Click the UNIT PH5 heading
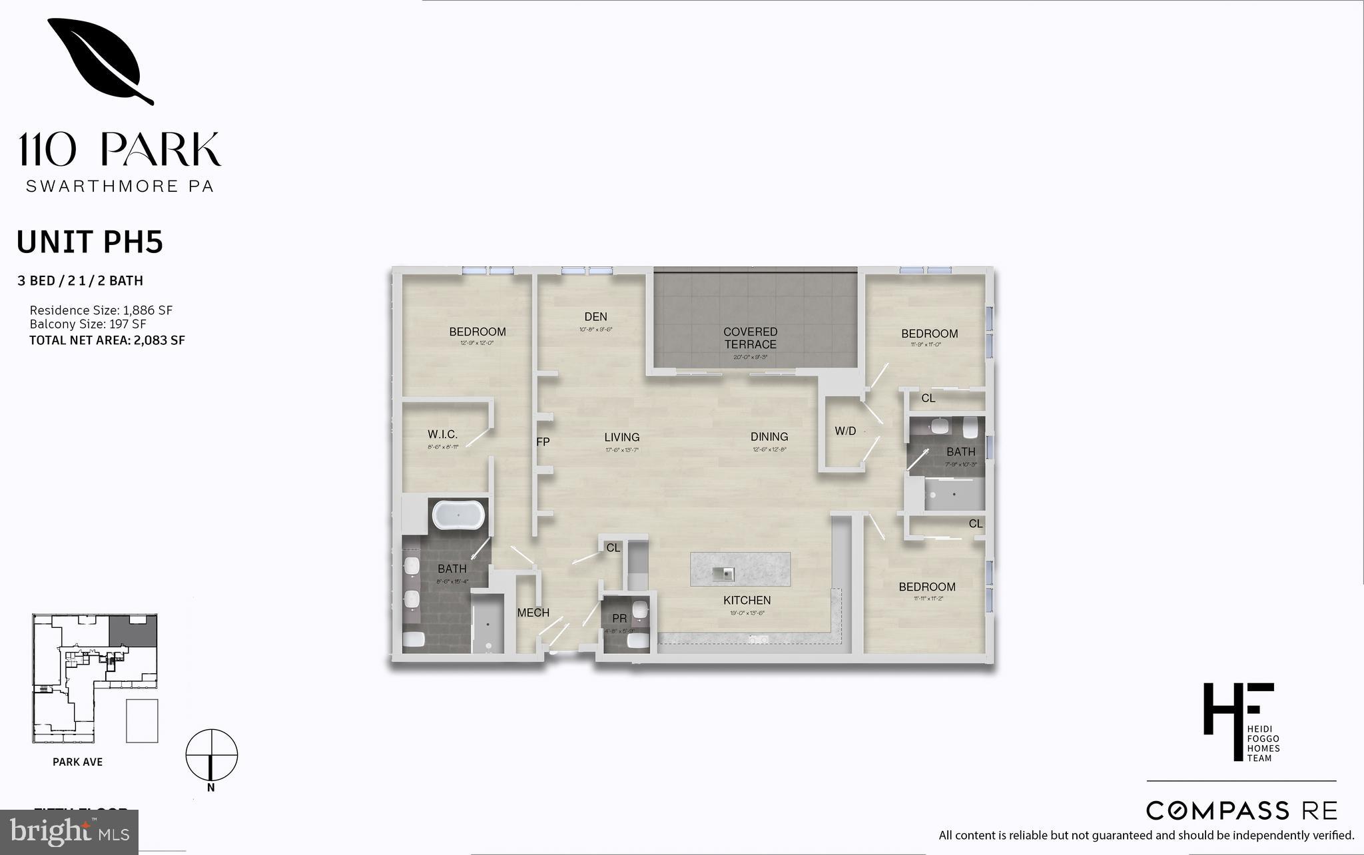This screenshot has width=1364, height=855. [90, 242]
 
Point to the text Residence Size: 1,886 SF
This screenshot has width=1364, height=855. [101, 310]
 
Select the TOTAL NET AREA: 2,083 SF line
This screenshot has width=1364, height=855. [107, 340]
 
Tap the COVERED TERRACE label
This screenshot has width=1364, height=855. [751, 338]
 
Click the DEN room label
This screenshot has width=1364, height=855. [595, 317]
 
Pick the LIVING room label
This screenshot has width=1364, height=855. [621, 437]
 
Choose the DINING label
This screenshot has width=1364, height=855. [769, 437]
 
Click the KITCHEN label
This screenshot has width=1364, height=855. [747, 601]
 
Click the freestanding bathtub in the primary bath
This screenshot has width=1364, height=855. [460, 515]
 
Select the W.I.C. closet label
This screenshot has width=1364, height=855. [442, 435]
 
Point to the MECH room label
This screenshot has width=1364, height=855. [533, 613]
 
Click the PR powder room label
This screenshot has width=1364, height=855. [619, 619]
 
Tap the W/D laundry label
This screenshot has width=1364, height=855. [845, 431]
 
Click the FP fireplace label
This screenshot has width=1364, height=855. [543, 441]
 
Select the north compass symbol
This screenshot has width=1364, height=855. [211, 756]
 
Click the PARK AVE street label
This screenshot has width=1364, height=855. [77, 762]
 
